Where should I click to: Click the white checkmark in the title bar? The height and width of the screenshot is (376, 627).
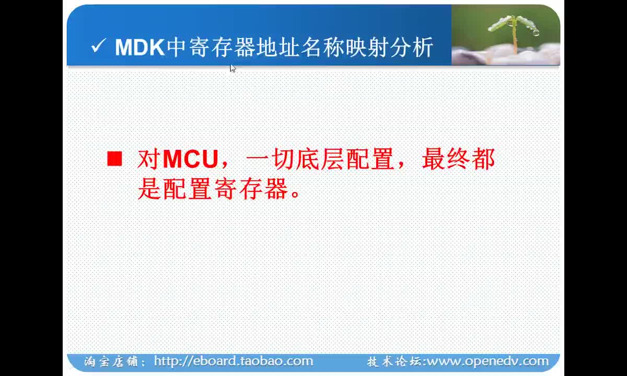[x=98, y=45]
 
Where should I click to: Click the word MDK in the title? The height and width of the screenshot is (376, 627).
[x=140, y=48]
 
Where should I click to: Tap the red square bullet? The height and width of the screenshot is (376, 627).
[x=115, y=159]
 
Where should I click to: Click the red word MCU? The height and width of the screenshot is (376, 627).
[x=190, y=159]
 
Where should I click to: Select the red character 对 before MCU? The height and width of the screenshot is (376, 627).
[x=149, y=159]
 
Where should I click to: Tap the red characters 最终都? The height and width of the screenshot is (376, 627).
[x=458, y=159]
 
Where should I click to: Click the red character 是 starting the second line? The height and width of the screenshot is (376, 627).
[x=149, y=189]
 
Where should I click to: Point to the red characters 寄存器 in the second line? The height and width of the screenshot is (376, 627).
[x=251, y=189]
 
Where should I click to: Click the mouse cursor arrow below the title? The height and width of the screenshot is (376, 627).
[x=233, y=68]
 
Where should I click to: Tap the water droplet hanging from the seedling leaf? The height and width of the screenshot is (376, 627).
[x=536, y=32]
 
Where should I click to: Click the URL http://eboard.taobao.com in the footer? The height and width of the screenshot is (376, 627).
[x=234, y=361]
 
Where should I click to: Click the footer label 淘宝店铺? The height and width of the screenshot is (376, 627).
[x=111, y=362]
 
